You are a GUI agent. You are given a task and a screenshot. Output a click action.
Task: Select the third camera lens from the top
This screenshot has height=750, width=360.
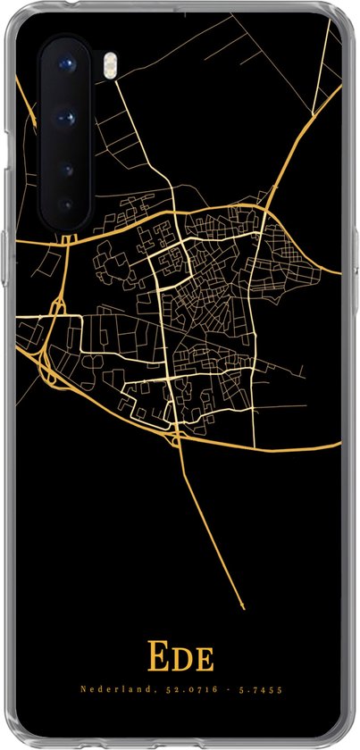point(65,166)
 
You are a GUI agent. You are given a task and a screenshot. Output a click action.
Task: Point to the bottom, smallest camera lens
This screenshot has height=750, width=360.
point(65,204)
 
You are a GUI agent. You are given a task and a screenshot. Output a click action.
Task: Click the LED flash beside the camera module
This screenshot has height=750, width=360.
point(87,63)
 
